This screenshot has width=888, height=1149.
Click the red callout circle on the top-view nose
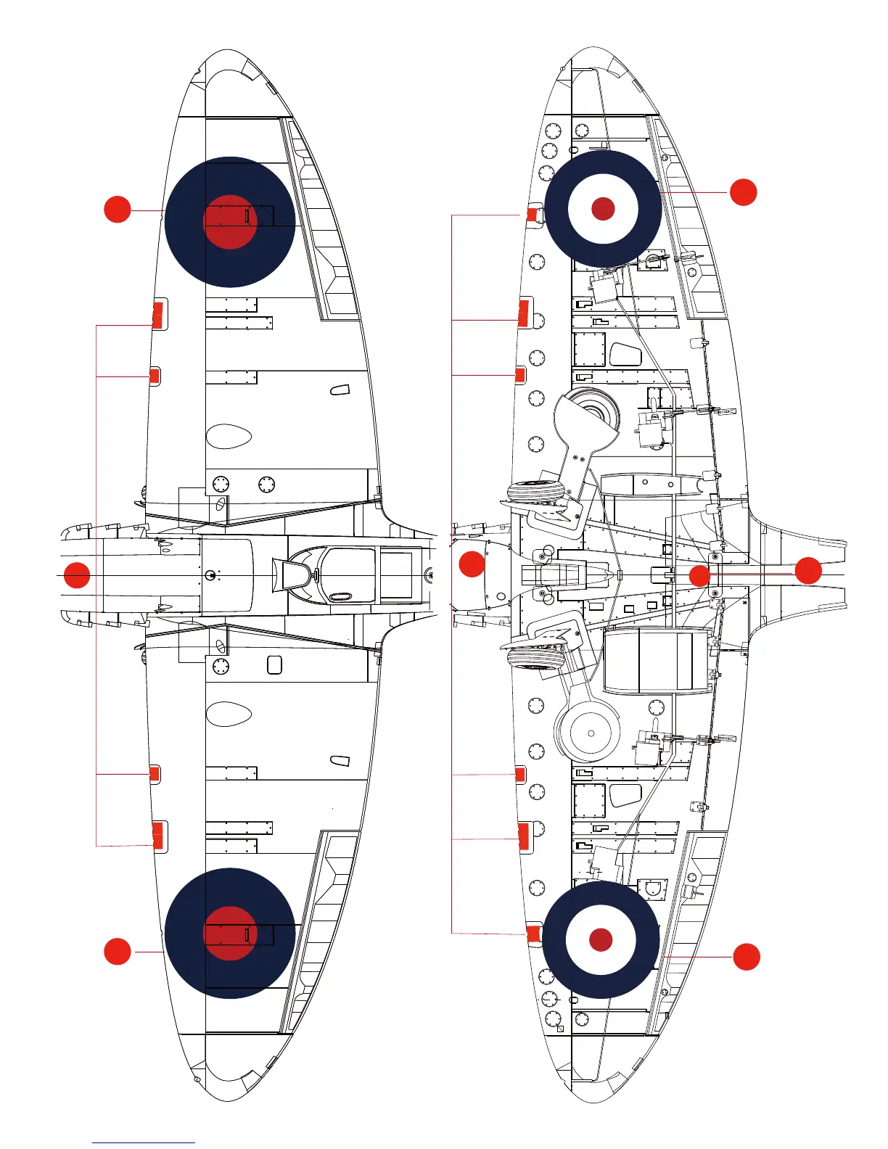click(77, 575)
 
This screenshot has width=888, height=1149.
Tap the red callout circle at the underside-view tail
click(808, 571)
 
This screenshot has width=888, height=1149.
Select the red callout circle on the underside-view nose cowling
click(472, 564)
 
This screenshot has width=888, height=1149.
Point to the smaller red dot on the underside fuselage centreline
click(699, 577)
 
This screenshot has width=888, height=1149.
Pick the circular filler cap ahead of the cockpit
click(210, 576)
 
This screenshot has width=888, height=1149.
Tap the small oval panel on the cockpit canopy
click(340, 597)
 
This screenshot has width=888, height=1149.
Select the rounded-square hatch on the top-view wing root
click(274, 664)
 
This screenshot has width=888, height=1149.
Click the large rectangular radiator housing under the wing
click(655, 659)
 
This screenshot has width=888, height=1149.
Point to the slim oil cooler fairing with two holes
click(653, 484)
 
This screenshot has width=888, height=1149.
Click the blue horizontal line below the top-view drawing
click(144, 1142)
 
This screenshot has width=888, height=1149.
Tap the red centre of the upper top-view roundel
click(230, 222)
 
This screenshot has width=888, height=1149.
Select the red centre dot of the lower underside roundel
click(601, 939)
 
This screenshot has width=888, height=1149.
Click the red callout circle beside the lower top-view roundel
click(118, 952)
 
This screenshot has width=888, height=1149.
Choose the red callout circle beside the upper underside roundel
click(743, 192)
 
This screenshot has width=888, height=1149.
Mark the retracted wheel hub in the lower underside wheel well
click(591, 733)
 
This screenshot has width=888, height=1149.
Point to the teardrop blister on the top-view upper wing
click(229, 436)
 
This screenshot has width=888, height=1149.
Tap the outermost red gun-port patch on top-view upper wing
click(157, 316)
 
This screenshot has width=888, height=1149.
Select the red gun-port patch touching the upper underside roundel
click(533, 215)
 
